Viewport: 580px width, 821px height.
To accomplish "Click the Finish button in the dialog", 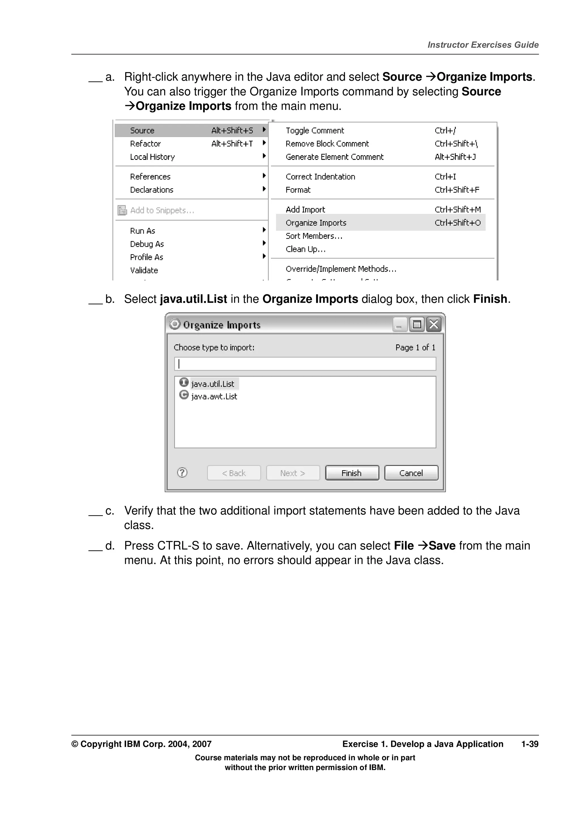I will pos(352,473).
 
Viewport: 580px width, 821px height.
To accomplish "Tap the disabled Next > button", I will pos(293,473).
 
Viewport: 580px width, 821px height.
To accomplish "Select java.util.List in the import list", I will pos(213,384).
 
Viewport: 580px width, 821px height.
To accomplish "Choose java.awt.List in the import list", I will pos(214,396).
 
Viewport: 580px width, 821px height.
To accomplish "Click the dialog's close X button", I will pos(434,324).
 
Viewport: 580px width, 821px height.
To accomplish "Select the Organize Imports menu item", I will pos(316,223).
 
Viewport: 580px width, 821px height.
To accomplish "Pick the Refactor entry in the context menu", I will pos(146,144).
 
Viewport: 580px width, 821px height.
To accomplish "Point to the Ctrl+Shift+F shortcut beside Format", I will pos(457,190).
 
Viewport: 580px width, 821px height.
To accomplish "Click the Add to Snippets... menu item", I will pos(162,210).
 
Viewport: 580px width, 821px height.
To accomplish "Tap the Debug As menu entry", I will pos(147,244).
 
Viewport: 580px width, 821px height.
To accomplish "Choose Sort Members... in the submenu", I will pos(314,236).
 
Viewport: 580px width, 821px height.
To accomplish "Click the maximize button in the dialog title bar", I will pos(416,324).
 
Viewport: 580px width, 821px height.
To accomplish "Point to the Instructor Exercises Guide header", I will pos(483,45).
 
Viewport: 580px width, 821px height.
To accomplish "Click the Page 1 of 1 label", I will pos(415,347).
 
